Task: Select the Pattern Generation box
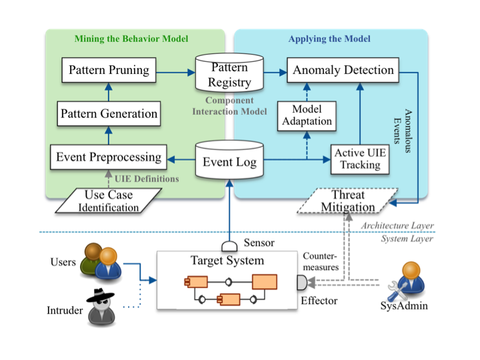pyautogui.click(x=109, y=113)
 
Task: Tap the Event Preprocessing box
pyautogui.click(x=109, y=158)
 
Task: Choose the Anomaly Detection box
pyautogui.click(x=341, y=69)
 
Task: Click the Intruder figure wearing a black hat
pyautogui.click(x=103, y=308)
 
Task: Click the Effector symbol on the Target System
pyautogui.click(x=301, y=283)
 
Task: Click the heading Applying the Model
pyautogui.click(x=329, y=39)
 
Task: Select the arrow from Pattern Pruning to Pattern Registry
pyautogui.click(x=175, y=69)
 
